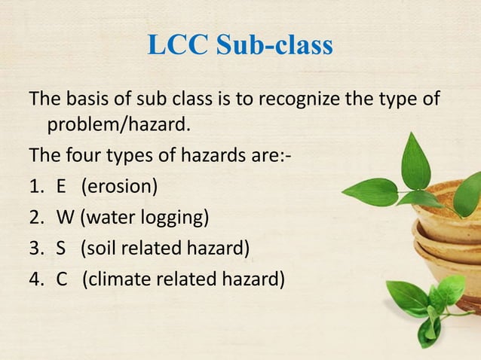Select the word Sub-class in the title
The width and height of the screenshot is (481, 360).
(x=274, y=45)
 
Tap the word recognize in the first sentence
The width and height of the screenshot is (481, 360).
(x=288, y=99)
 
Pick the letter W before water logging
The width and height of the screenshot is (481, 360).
(x=65, y=219)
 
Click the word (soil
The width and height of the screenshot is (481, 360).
(x=100, y=250)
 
